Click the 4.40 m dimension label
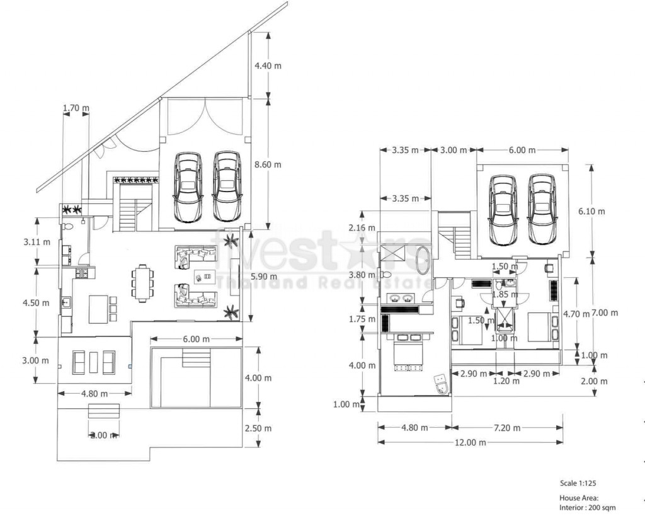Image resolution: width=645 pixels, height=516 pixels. (268, 66)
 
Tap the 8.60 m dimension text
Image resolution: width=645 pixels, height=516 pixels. (268, 164)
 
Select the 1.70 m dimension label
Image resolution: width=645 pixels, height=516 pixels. (76, 108)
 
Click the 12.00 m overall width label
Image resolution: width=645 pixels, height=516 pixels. (471, 442)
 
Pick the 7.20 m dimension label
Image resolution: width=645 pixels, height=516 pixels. (507, 428)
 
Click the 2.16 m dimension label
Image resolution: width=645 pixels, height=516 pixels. (362, 227)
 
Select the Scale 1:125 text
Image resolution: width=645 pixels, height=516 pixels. (578, 483)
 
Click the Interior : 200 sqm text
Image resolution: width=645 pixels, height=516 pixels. (588, 508)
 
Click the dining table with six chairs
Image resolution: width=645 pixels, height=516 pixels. (142, 283)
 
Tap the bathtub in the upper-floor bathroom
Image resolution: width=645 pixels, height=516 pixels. (423, 260)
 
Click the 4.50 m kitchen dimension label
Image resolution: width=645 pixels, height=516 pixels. (35, 302)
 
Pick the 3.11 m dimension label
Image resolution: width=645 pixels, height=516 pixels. (37, 241)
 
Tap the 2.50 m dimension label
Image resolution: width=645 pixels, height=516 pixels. (258, 428)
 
